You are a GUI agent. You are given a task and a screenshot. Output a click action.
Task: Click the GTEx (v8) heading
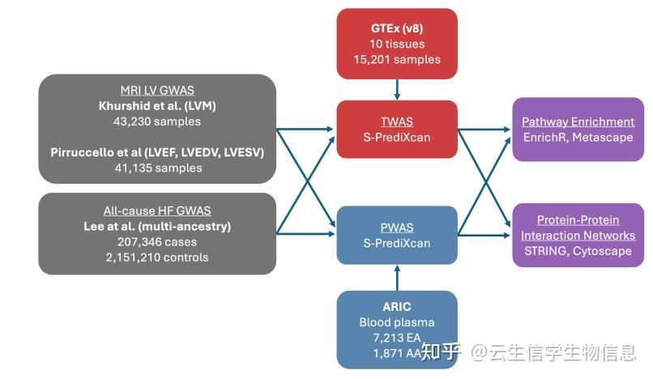click(396, 28)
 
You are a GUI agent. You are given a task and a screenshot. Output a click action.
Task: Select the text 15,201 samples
click(396, 59)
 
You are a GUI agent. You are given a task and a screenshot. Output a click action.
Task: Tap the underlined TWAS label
click(396, 121)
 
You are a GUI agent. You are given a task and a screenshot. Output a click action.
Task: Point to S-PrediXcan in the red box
click(396, 137)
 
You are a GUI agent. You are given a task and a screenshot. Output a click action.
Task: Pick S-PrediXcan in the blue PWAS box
click(396, 242)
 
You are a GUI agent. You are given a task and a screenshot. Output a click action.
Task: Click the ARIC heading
click(396, 307)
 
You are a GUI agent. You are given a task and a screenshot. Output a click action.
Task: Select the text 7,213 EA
click(396, 339)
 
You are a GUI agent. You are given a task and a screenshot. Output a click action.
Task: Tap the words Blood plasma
click(396, 322)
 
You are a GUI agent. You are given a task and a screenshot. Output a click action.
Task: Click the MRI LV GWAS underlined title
click(156, 91)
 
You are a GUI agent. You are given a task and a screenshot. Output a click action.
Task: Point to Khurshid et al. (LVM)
click(156, 105)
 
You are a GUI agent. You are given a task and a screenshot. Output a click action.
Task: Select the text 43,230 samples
click(156, 121)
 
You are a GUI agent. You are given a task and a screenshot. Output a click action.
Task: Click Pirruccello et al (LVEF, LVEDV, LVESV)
click(156, 152)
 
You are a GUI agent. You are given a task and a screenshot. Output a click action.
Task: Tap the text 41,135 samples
click(156, 168)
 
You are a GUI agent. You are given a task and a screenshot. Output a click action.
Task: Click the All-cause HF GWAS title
click(156, 211)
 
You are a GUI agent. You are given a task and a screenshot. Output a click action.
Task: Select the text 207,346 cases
click(156, 242)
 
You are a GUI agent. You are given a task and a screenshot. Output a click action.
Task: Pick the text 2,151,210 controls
click(156, 258)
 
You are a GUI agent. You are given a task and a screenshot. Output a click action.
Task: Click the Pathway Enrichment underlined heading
click(578, 121)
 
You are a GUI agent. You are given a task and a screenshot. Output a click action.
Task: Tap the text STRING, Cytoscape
click(578, 250)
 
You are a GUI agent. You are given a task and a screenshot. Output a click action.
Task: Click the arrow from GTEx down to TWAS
click(396, 87)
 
